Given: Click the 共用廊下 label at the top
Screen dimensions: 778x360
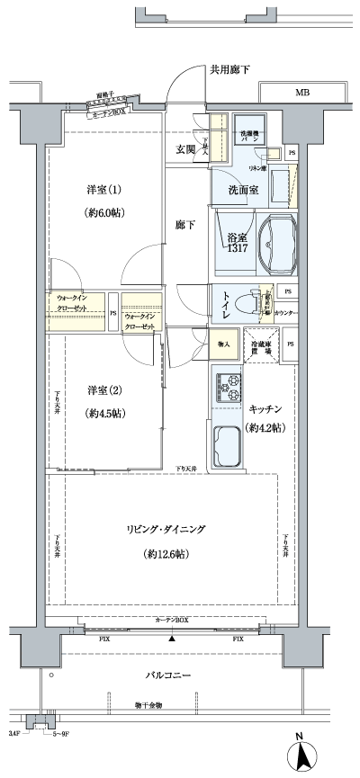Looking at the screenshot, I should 230,68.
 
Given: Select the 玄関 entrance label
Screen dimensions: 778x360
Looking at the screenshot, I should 184,149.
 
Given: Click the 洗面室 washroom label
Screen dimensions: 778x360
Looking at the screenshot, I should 244,190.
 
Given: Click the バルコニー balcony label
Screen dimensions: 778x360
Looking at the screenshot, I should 167,673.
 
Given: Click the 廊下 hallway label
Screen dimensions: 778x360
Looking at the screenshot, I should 184,225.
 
